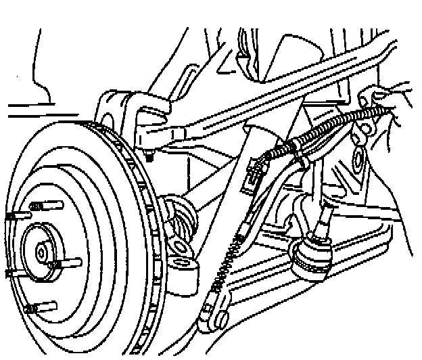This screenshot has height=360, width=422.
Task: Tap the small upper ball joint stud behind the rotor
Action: pyautogui.click(x=148, y=156)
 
